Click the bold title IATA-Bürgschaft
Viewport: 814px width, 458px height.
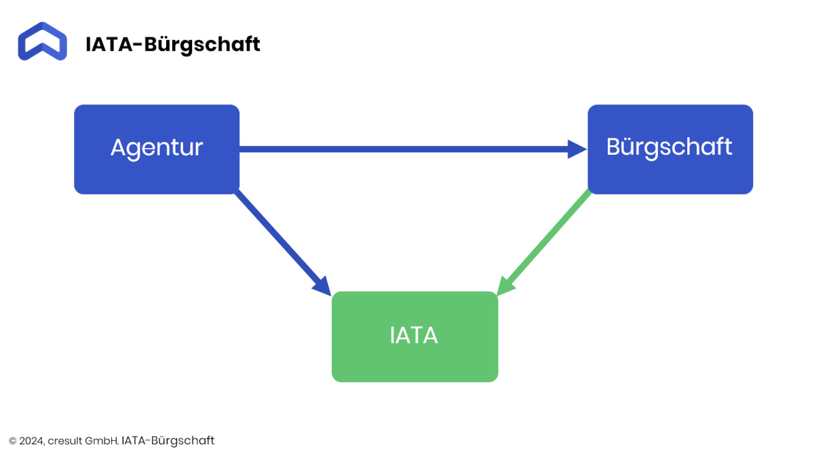point(172,45)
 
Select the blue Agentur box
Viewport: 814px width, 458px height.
point(157,149)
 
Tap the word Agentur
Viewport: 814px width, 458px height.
point(157,149)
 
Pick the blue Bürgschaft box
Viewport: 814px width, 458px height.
point(670,149)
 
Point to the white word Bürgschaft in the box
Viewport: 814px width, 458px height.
point(669,148)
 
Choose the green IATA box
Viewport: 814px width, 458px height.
point(414,337)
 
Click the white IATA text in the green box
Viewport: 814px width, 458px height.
point(414,335)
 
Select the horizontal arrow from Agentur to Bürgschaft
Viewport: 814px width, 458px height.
point(413,149)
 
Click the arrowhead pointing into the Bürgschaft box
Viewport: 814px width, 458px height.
point(577,149)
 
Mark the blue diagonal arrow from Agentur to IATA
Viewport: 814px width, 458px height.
point(283,243)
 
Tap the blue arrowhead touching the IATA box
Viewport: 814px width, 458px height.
point(323,287)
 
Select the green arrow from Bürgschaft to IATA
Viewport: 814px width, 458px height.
point(543,242)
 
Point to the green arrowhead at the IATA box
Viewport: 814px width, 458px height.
point(505,286)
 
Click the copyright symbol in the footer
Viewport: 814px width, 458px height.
point(13,441)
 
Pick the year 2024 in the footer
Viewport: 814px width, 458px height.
point(32,441)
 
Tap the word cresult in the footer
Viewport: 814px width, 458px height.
point(64,441)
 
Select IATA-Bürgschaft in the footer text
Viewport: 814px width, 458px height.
point(168,441)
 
